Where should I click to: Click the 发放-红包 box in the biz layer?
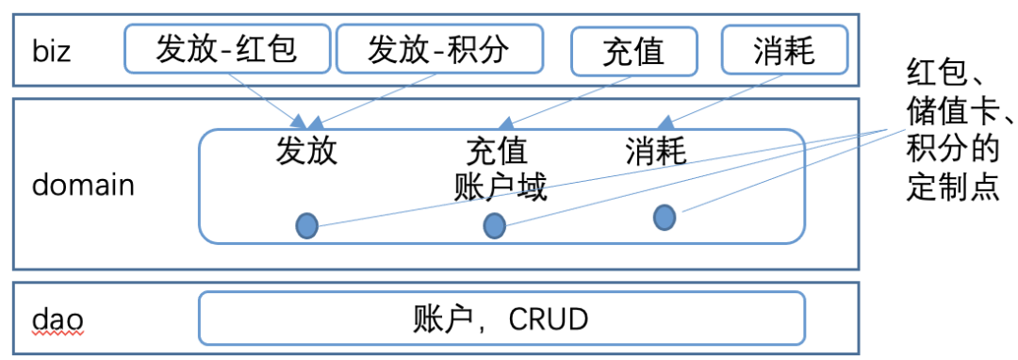click(x=227, y=48)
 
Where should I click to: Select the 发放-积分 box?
click(x=439, y=48)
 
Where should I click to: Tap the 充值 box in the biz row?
click(x=634, y=50)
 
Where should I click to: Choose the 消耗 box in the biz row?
click(x=784, y=49)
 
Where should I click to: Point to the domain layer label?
click(x=83, y=185)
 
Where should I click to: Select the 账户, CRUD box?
click(x=501, y=319)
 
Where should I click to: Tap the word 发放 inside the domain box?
click(x=306, y=151)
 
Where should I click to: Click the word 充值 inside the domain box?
click(x=497, y=151)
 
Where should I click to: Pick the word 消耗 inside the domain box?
click(x=656, y=151)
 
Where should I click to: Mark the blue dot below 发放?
click(x=306, y=225)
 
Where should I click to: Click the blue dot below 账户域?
click(x=494, y=225)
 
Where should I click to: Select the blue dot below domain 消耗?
click(x=665, y=217)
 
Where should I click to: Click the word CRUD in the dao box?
click(x=549, y=319)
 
